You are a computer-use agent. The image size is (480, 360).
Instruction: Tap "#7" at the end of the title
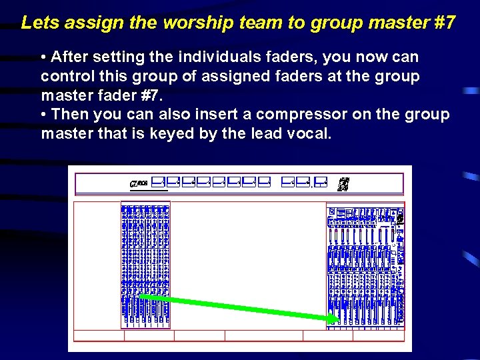445,23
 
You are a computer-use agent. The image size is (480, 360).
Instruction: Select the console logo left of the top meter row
138,182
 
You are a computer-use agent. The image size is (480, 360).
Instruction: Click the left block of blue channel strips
145,264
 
